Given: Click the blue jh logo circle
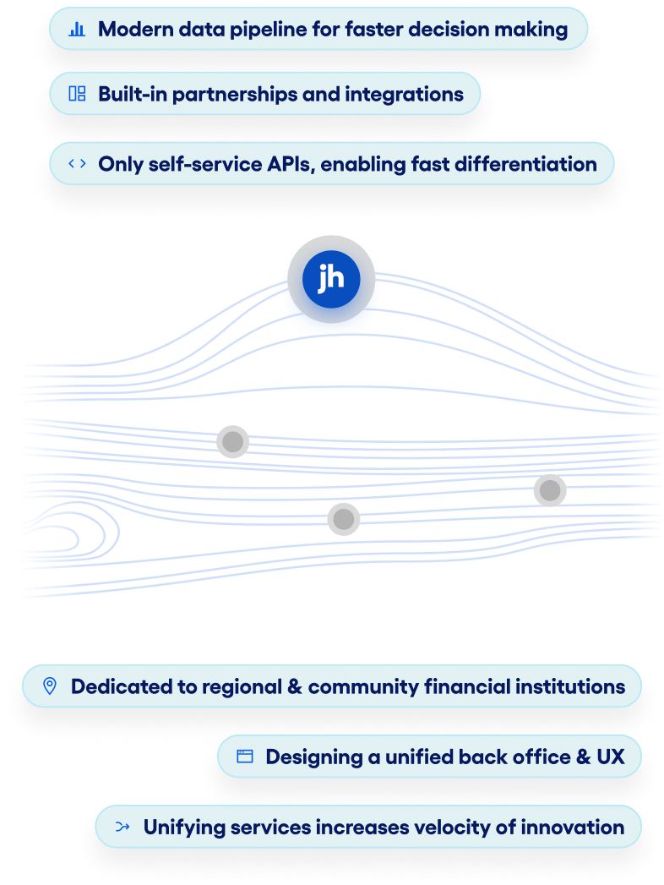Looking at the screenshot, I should coord(330,279).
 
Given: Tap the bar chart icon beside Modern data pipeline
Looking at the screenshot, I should coord(77,29).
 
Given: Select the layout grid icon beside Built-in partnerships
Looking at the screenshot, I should coord(77,94).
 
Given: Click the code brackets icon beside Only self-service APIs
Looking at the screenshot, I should coord(77,163).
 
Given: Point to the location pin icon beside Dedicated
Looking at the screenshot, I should coord(50,686).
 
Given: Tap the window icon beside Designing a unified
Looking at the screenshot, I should coord(245,757).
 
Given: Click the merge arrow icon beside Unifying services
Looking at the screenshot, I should coord(122,827).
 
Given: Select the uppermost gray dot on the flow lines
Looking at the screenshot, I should coord(232,442).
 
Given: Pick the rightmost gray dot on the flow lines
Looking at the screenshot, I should coord(550,490).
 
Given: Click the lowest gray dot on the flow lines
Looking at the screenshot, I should coord(343,519).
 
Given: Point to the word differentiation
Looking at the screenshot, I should coord(525,163).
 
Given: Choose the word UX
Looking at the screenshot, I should coord(612,757).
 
